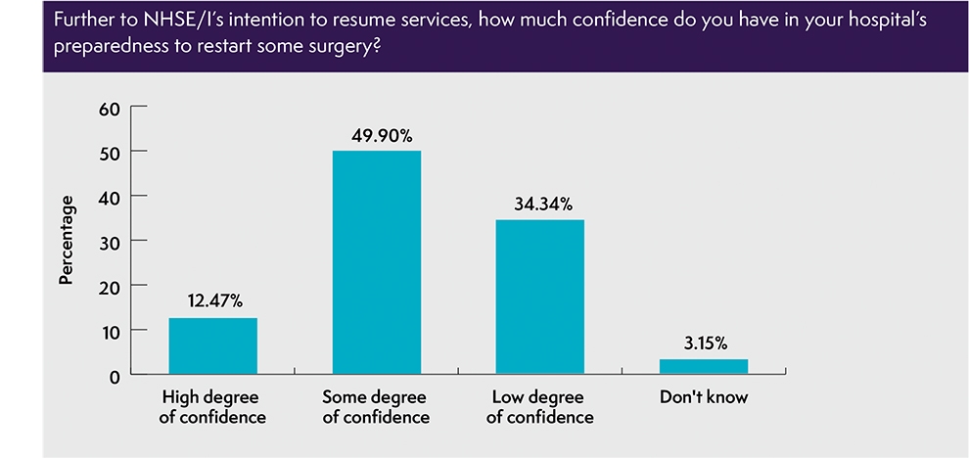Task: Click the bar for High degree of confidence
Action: (213, 346)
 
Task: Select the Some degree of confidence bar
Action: (376, 262)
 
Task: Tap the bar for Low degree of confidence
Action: (540, 297)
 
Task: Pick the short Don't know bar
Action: (704, 366)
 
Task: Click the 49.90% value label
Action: (377, 135)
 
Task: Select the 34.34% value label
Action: (540, 205)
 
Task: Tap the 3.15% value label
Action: (704, 343)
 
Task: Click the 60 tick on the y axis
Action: (110, 107)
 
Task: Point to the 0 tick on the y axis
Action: (115, 375)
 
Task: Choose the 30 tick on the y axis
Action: (110, 241)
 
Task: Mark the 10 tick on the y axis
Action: (110, 331)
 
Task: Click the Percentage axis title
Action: (67, 241)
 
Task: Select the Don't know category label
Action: (704, 398)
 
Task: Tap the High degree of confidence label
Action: (213, 408)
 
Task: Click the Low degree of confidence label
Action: (540, 408)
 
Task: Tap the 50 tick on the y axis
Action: (110, 152)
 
